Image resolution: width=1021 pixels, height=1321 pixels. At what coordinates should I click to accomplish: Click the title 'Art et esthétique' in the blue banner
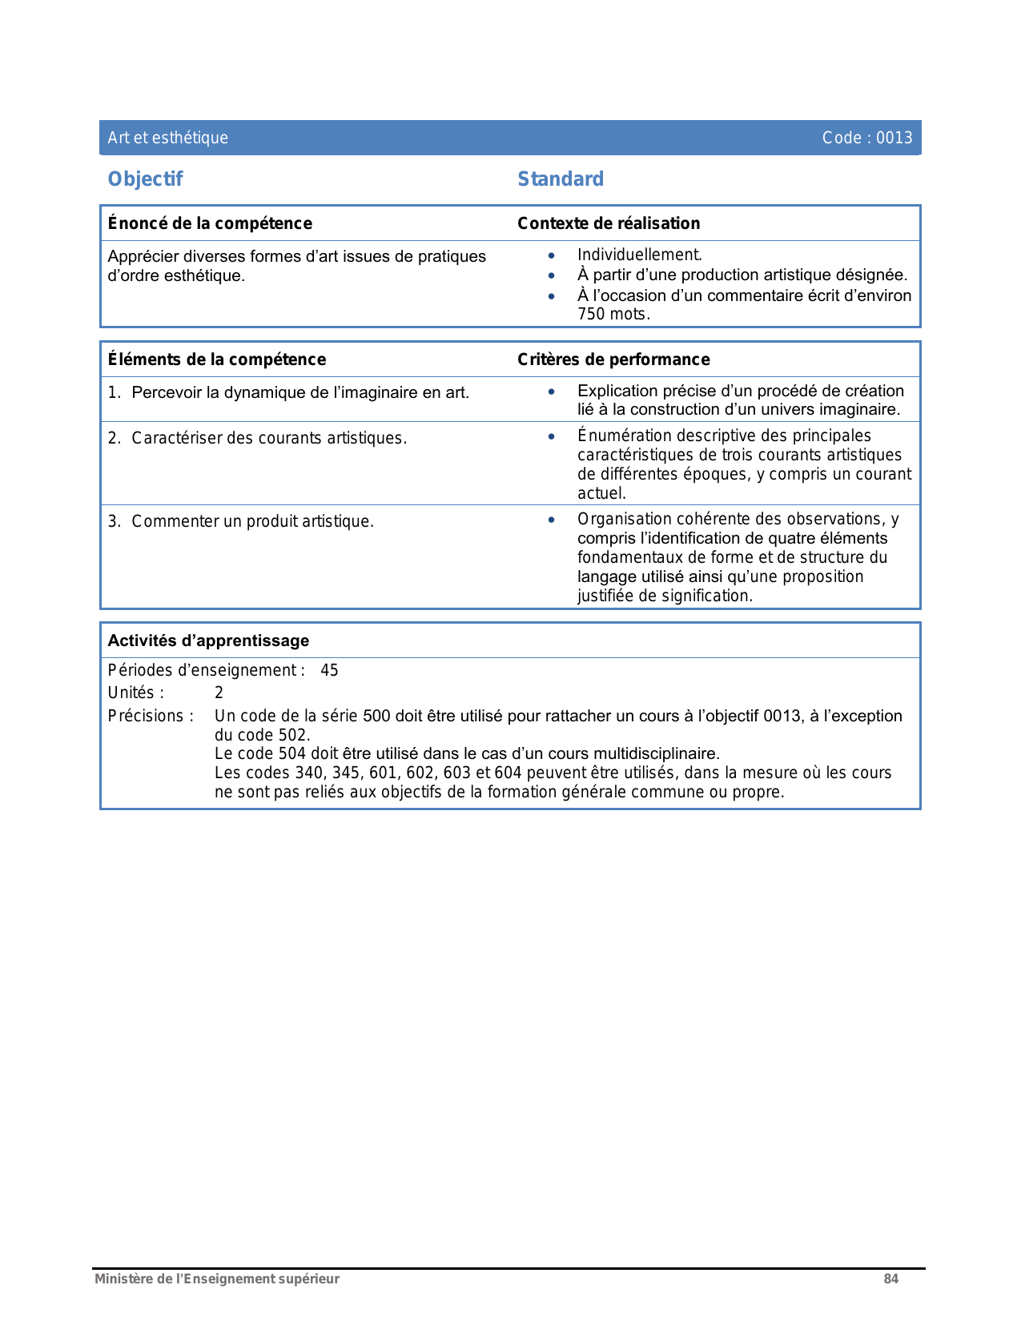tap(168, 138)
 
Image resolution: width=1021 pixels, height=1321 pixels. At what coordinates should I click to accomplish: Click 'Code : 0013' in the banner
tap(866, 138)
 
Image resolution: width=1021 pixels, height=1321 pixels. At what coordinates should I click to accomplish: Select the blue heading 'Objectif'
tap(145, 179)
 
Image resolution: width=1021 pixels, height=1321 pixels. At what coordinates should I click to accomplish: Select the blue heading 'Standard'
tap(561, 179)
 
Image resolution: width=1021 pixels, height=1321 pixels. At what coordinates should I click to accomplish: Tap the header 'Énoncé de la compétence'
tap(210, 223)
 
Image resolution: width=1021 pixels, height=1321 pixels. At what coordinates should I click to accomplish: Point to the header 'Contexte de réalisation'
tap(609, 223)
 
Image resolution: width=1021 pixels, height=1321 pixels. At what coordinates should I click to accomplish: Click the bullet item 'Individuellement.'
tap(639, 255)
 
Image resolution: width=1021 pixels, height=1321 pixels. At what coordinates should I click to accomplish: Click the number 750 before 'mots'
tap(591, 315)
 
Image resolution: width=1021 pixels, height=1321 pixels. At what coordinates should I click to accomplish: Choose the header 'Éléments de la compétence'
tap(217, 359)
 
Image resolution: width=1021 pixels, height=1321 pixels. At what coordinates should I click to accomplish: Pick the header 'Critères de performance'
tap(613, 359)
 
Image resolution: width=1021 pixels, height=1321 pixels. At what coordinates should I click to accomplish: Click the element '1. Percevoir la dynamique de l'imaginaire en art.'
tap(289, 392)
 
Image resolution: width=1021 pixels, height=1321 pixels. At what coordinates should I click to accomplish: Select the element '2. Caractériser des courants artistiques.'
tap(258, 438)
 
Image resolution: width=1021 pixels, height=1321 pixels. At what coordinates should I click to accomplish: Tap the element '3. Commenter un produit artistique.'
tap(241, 521)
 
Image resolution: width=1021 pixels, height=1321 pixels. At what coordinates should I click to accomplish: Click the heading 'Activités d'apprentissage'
tap(208, 640)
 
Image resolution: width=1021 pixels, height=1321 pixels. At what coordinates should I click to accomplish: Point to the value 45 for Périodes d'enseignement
tap(329, 671)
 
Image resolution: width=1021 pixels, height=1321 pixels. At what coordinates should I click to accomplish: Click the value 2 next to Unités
tap(219, 693)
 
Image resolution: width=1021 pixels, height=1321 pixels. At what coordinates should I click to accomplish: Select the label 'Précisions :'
tap(151, 716)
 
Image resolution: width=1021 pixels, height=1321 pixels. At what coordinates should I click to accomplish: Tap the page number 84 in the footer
tap(890, 1279)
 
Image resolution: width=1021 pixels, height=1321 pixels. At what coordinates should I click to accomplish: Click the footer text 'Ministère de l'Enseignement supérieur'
tap(217, 1279)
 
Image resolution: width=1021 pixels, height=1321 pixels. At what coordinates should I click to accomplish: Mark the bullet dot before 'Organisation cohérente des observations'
tap(551, 520)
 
